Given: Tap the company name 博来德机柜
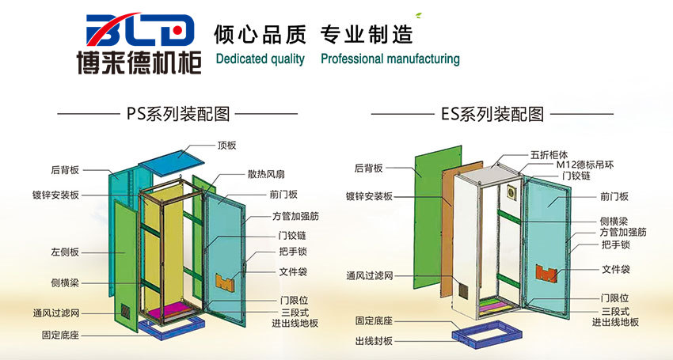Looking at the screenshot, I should coord(139,62).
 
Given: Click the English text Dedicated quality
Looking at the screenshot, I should coord(260,59).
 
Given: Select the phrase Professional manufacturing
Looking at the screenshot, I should coord(390,59).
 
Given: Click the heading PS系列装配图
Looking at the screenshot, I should coord(178,114).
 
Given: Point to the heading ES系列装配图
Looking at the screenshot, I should coord(492,114).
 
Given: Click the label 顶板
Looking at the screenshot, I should coord(226,146).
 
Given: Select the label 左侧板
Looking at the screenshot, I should coord(64,252).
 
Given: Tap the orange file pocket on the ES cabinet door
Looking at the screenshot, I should coord(547,273).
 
